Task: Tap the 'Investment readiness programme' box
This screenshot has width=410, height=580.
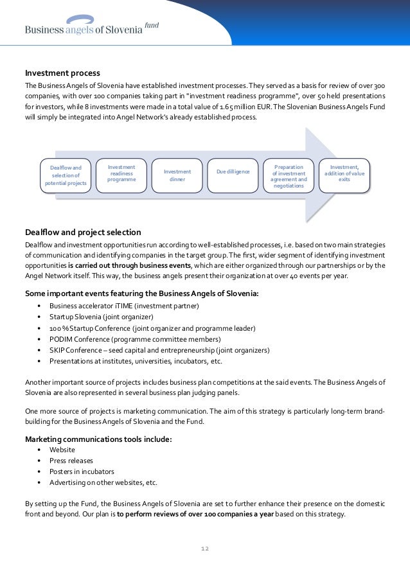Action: [121, 173]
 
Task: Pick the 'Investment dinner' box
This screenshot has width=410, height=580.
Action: [177, 175]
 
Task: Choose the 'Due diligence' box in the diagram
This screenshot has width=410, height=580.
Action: [233, 172]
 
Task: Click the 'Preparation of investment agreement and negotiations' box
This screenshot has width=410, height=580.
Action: [289, 176]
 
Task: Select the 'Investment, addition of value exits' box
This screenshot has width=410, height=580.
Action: [344, 172]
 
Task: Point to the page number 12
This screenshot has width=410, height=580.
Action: [205, 549]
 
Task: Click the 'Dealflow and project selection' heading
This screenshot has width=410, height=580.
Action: [83, 232]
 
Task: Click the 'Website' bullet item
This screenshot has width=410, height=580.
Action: [62, 450]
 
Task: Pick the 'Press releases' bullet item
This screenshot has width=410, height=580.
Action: [71, 461]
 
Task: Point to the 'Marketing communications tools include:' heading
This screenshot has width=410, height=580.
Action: [98, 439]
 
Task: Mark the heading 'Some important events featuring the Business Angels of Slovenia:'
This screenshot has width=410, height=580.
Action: [142, 294]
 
